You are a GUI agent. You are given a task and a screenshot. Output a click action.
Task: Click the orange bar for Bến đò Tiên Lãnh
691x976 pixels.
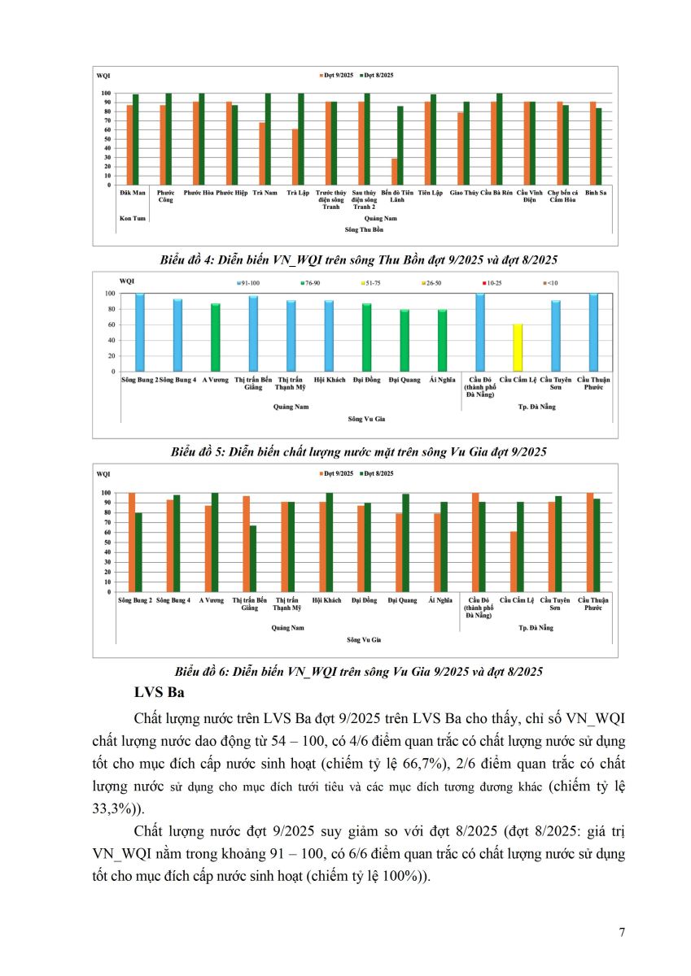point(395,172)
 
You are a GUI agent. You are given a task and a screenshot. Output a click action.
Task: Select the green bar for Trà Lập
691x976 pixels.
point(301,139)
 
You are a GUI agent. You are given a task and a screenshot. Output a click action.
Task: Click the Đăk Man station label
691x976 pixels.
point(132,193)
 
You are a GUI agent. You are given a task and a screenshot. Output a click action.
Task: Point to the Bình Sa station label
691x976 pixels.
point(596,193)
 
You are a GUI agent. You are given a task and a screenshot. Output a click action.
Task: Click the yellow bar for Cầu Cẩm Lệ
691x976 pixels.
point(518,348)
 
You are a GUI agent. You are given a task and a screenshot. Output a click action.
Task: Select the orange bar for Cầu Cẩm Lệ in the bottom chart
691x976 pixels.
point(513,562)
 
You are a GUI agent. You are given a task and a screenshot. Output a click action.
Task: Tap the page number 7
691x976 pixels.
point(622,933)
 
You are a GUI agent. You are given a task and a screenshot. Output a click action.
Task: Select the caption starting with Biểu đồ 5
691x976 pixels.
point(359,451)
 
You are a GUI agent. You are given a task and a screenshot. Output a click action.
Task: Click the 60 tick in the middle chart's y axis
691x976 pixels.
point(110,325)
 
